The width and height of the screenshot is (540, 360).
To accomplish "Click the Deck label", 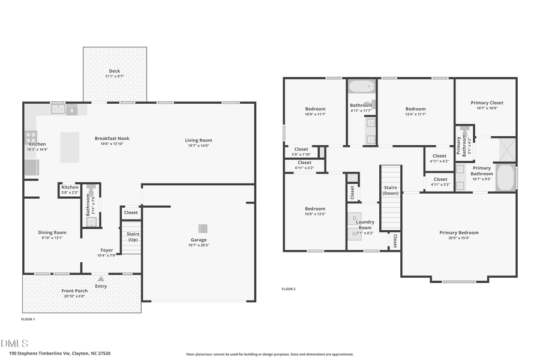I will (x=114, y=71).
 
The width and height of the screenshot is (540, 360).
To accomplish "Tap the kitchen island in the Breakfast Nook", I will (x=70, y=148).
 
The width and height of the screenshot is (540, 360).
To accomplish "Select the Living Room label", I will (x=198, y=140).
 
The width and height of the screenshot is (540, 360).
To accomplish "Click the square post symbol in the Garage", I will (x=203, y=227).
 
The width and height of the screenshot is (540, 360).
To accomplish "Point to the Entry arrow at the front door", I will (x=101, y=278).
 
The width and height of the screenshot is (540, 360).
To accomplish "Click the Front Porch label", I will (x=74, y=291).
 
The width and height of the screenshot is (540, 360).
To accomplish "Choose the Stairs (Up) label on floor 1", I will (x=133, y=237).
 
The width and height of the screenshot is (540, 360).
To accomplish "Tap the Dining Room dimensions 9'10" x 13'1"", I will (x=52, y=238).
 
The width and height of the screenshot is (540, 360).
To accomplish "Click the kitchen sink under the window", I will (x=58, y=109).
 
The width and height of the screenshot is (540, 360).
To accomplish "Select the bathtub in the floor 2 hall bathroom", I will (x=361, y=87).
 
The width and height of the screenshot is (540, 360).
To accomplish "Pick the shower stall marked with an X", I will (x=507, y=149).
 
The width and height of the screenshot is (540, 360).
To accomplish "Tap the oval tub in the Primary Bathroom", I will (x=506, y=178).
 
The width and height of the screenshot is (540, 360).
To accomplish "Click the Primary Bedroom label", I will (x=458, y=233).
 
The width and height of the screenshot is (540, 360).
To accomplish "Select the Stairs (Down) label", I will (x=390, y=190).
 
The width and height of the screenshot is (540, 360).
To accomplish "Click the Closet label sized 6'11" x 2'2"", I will (x=304, y=163).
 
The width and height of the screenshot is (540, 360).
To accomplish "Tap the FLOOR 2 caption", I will (x=289, y=289).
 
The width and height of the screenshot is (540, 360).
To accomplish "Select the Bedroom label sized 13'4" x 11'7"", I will (x=415, y=109).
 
